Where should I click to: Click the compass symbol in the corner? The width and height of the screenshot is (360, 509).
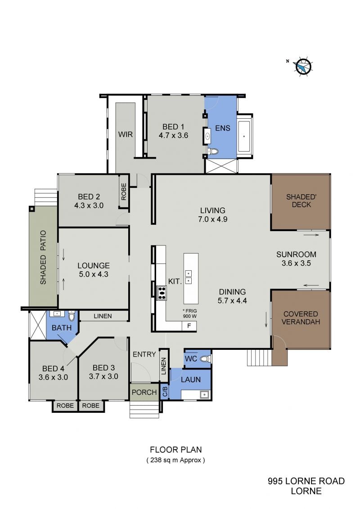303,67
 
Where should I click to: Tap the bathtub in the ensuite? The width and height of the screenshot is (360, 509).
244,137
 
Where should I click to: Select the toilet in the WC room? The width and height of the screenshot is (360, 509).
205,359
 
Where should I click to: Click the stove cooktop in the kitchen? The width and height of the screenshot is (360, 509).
162,293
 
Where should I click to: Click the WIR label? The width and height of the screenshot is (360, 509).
126,134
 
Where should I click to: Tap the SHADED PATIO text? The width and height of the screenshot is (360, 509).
43,257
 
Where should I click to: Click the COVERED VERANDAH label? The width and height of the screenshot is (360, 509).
301,318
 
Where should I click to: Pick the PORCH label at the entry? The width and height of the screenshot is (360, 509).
144,392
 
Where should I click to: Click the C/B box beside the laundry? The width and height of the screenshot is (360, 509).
165,392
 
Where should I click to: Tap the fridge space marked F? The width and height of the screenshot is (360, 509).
189,326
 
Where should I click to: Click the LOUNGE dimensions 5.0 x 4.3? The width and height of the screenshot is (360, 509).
94,274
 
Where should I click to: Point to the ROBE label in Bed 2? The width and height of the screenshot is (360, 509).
124,192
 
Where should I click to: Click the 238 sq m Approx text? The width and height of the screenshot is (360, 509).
175,460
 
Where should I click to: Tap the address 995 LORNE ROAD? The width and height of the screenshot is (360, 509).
306,481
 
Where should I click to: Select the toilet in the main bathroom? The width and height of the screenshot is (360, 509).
72,316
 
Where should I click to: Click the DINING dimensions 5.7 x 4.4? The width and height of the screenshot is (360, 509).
232,301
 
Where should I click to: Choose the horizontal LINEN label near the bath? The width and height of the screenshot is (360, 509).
103,316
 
